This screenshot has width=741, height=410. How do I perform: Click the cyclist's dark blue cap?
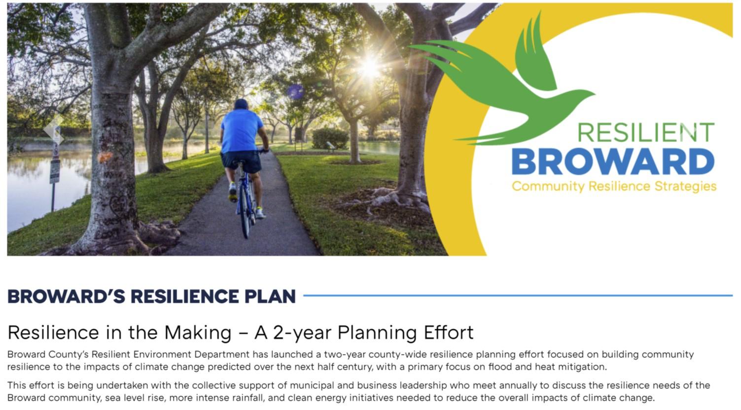click(241, 104)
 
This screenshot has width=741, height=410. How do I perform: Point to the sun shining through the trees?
click(369, 68)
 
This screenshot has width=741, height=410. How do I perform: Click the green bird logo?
click(506, 86)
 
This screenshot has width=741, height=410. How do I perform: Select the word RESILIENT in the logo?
click(646, 132)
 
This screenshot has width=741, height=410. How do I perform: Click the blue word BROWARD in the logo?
click(613, 161)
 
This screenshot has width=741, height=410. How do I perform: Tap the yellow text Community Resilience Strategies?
click(614, 187)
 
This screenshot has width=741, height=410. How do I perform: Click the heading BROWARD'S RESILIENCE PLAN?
click(151, 296)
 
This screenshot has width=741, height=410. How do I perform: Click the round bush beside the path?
click(330, 138)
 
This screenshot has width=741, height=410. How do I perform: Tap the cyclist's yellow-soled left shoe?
click(233, 192)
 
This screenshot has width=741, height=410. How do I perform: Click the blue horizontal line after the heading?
click(518, 295)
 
